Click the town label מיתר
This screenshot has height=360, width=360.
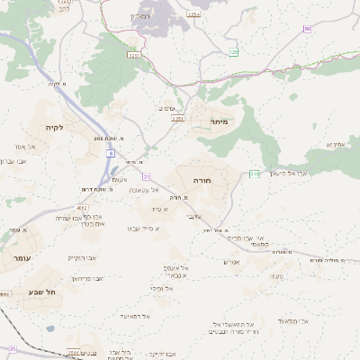[219, 121]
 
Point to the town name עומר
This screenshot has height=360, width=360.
[22, 257]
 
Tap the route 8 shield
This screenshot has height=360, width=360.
[111, 154]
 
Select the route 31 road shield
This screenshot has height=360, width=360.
[147, 175]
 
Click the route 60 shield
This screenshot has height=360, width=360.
[308, 29]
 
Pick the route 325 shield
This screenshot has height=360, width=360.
[233, 53]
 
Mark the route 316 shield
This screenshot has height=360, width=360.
[255, 173]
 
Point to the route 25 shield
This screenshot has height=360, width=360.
[13, 348]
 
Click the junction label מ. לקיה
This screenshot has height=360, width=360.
[58, 85]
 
